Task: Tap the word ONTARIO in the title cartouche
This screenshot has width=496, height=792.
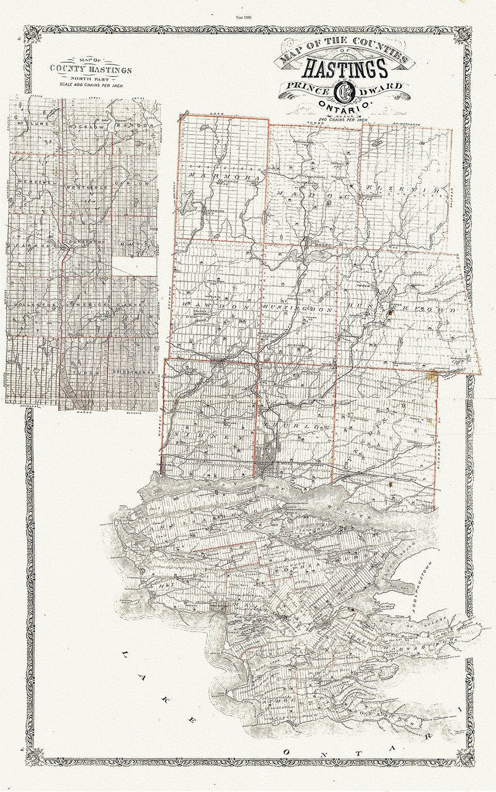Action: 342,106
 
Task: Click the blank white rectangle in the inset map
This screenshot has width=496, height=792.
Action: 135,266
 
